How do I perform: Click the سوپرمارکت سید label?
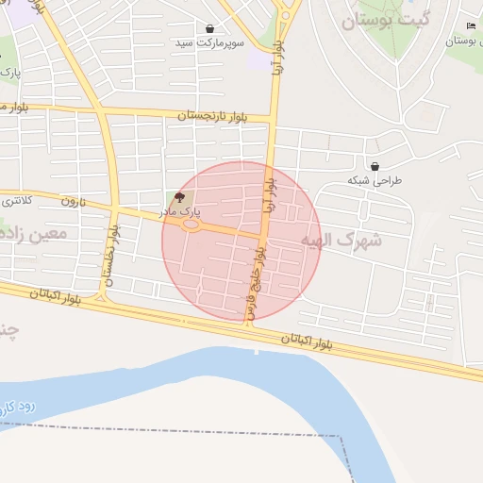pos(208,43)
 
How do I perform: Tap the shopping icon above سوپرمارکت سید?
pos(208,29)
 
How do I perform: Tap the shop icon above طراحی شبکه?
pos(375,166)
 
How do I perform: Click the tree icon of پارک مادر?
pos(180,197)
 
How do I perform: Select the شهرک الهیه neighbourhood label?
pos(341,241)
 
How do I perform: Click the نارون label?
pos(73,201)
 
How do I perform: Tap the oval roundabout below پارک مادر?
pos(192,225)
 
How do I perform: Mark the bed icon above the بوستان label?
pos(471,25)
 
